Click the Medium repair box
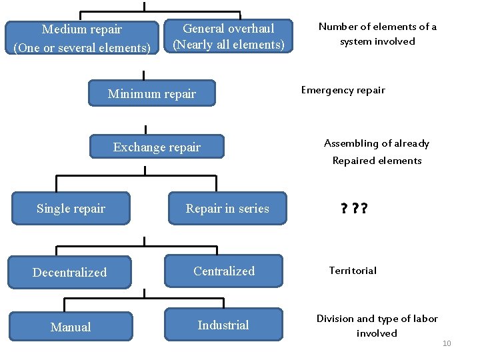pyautogui.click(x=82, y=38)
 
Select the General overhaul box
pyautogui.click(x=229, y=36)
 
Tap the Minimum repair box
pyautogui.click(x=152, y=94)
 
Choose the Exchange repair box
pyautogui.click(x=157, y=147)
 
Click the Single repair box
pyautogui.click(x=71, y=209)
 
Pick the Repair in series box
pyautogui.click(x=227, y=209)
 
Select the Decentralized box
pyautogui.click(x=70, y=272)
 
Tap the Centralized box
pyautogui.click(x=224, y=271)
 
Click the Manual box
pyautogui.click(x=71, y=327)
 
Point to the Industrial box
pyautogui.click(x=223, y=325)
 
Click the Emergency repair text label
pyautogui.click(x=343, y=90)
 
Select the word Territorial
pyautogui.click(x=352, y=271)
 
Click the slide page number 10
pyautogui.click(x=447, y=343)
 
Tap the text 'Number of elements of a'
pyautogui.click(x=377, y=27)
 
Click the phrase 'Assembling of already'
pyautogui.click(x=377, y=143)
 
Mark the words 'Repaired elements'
pyautogui.click(x=377, y=161)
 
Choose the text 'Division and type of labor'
pyautogui.click(x=377, y=319)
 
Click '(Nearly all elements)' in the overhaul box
pyautogui.click(x=229, y=45)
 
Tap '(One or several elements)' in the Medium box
pyautogui.click(x=82, y=48)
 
